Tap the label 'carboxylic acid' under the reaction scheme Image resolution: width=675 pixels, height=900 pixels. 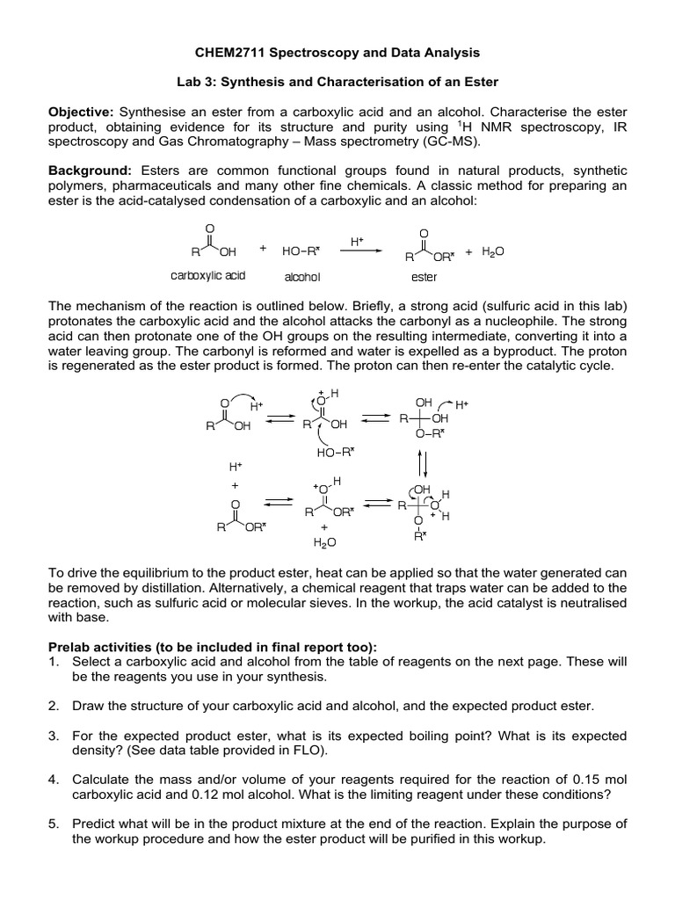[x=207, y=276]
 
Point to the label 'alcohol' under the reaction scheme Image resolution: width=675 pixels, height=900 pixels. [x=301, y=276]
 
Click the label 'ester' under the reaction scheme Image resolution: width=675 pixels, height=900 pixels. [x=424, y=276]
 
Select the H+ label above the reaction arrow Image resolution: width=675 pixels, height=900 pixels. [x=357, y=239]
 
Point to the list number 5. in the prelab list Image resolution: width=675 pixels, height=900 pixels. [x=54, y=824]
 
